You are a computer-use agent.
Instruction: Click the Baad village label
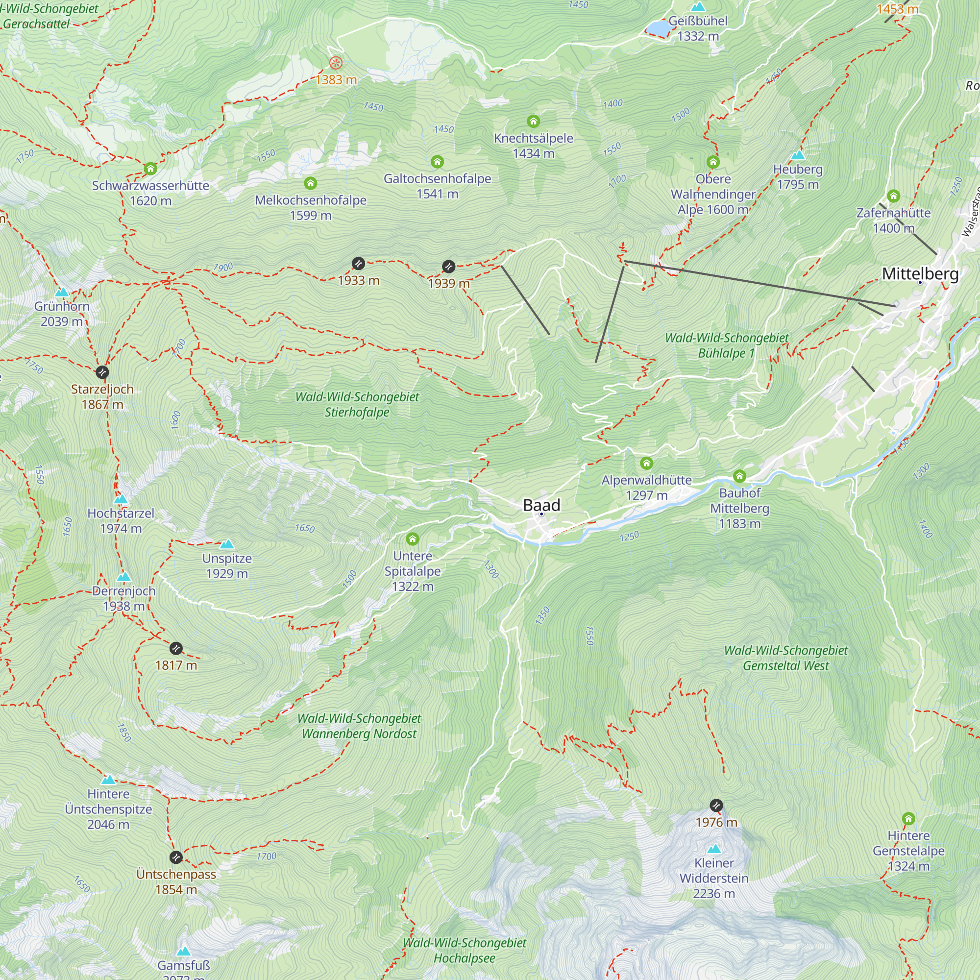coord(541,505)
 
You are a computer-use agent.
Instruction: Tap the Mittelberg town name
coord(920,274)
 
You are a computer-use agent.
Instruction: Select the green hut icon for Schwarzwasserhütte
coord(150,169)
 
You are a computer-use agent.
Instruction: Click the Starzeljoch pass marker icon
coord(102,372)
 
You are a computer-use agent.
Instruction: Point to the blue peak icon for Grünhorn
coord(62,292)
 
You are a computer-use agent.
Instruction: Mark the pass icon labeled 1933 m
coord(358,263)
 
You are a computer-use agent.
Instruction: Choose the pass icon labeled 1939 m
coord(448,266)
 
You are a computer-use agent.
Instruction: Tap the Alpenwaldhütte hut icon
coord(646,463)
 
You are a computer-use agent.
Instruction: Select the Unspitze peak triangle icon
coord(227,544)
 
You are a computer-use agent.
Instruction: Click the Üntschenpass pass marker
coord(175,857)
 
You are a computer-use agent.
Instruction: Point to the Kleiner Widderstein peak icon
coord(714,849)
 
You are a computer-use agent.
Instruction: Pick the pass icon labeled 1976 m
coord(716,806)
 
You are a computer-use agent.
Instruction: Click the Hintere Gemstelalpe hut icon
coord(908,819)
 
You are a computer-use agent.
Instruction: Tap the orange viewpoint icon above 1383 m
coord(336,63)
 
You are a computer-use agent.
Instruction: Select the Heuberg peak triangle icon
coord(797,155)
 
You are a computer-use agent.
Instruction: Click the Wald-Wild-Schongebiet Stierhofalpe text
coord(357,404)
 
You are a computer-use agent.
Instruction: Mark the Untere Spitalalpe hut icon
coord(413,539)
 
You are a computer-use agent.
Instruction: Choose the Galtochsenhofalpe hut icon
coord(437,162)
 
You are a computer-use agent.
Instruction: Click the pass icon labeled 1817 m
coord(175,648)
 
